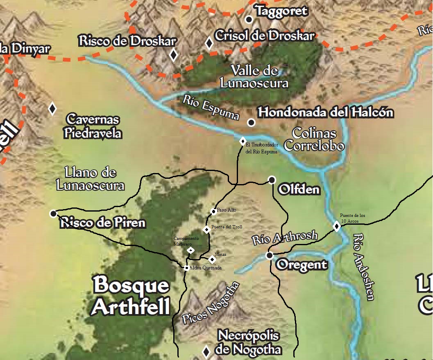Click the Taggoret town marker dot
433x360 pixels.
tap(248, 19)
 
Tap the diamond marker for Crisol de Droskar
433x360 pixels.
tap(209, 43)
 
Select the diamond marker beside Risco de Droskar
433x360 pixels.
tap(173, 55)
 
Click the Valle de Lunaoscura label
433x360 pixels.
tap(254, 77)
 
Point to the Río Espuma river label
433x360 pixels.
tap(211, 108)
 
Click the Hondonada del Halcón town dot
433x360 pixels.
tap(251, 122)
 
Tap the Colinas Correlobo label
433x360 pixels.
tap(314, 139)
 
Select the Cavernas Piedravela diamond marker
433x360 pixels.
tap(52, 109)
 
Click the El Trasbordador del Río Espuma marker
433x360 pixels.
tap(243, 141)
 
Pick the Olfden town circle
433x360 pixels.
tap(272, 180)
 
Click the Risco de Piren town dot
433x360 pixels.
tap(53, 214)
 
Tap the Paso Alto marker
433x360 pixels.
tap(213, 212)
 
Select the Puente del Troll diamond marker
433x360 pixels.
tap(207, 230)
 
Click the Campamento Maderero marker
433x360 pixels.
tap(190, 250)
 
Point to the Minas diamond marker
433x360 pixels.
tap(212, 259)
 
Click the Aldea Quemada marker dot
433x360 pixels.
tap(186, 268)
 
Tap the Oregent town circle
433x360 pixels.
tap(269, 255)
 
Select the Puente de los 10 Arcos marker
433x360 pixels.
tap(337, 226)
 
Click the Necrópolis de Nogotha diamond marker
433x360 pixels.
tap(206, 351)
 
